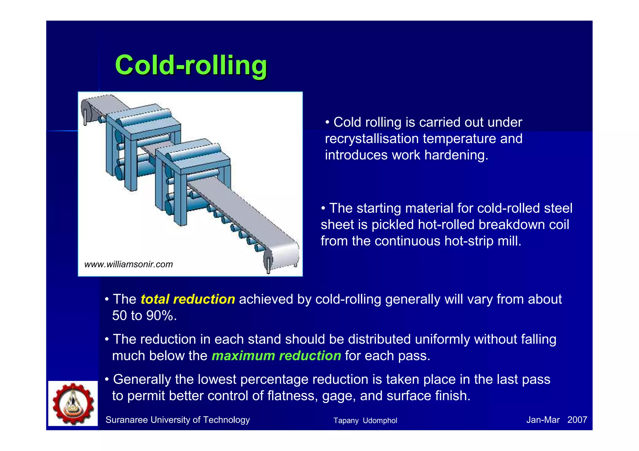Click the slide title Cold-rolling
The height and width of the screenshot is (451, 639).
[191, 65]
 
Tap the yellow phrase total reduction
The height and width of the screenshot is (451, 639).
[188, 299]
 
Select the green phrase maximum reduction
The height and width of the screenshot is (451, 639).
[276, 356]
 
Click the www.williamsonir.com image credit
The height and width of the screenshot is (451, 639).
[128, 264]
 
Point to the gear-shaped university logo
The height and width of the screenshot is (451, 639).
[73, 403]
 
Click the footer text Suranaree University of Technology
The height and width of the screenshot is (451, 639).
[178, 420]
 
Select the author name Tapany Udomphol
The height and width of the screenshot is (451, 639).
[365, 420]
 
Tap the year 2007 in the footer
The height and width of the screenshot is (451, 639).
[577, 420]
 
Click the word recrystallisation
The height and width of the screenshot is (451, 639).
[372, 139]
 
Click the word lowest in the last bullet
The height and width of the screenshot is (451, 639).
[217, 379]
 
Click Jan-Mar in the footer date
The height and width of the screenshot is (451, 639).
[543, 420]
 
